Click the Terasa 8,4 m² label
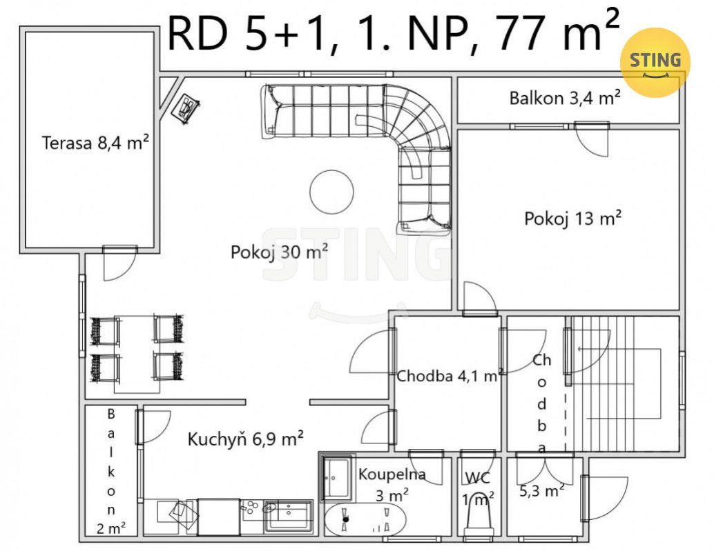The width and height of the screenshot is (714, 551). pos(95,143)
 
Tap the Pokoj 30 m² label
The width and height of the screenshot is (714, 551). pos(279,252)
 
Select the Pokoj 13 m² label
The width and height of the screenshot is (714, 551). pos(573,218)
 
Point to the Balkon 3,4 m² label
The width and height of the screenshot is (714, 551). pos(565,98)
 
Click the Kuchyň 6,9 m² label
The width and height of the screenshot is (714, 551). pos(245,439)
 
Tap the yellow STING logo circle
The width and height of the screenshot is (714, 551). pos(655,62)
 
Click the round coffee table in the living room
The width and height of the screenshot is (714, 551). pos(331,192)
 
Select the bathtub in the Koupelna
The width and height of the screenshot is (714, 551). pos(365,519)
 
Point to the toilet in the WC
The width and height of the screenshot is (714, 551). pos(479,516)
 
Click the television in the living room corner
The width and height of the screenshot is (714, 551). pos(186,108)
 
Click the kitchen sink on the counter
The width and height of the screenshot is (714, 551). pos(289,515)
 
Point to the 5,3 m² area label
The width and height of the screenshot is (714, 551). pos(542,490)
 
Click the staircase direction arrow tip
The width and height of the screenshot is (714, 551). pos(577,349)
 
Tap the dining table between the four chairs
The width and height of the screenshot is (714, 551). pos(137,354)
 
